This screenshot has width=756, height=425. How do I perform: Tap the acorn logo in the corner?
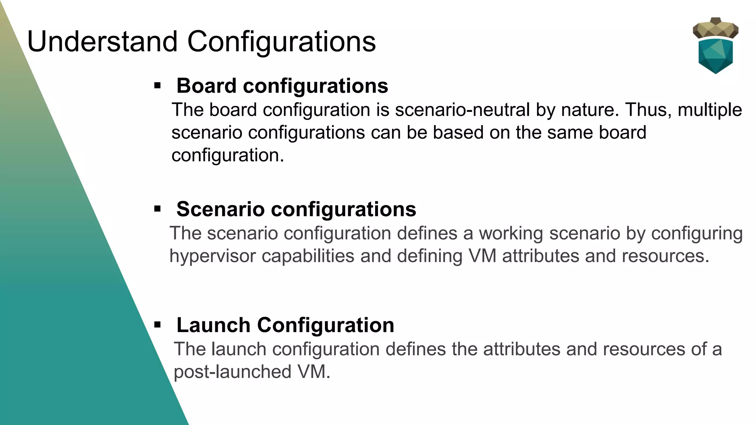click(x=715, y=46)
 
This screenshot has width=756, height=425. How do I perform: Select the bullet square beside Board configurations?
click(x=158, y=86)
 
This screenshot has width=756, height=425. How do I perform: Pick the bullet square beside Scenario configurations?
click(x=158, y=209)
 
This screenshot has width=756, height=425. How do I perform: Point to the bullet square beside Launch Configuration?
click(x=158, y=325)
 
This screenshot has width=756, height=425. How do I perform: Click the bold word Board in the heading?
click(x=206, y=86)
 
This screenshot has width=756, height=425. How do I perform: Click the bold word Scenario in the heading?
click(x=220, y=209)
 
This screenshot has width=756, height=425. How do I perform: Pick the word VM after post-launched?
click(x=314, y=372)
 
